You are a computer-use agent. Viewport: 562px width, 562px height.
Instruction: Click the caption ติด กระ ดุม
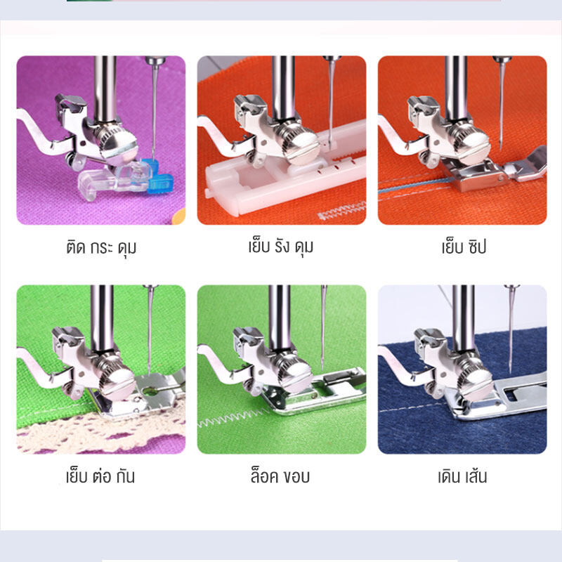point(101,247)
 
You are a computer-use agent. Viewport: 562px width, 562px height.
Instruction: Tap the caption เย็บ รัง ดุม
point(281,247)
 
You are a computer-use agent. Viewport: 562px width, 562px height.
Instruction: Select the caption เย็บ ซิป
point(464,247)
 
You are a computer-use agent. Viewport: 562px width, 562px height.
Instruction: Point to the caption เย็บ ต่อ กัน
point(100,476)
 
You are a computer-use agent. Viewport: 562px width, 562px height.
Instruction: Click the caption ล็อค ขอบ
point(280,476)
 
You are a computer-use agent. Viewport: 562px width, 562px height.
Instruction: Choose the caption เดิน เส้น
point(462,476)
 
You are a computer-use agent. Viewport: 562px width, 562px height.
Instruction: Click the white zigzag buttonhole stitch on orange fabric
point(342,211)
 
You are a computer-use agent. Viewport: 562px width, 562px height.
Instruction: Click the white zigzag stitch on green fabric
point(233,418)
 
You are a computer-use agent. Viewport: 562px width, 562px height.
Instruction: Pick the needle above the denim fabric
point(511,329)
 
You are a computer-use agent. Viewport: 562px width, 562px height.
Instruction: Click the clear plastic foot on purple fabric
point(114,179)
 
